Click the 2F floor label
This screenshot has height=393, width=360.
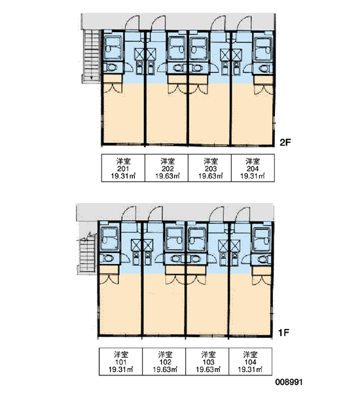[x=285, y=142]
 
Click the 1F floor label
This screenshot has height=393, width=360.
[x=283, y=333]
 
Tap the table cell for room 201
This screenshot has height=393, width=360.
[x=123, y=168]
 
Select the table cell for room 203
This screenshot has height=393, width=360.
[x=209, y=168]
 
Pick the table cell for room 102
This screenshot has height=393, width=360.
[x=164, y=362]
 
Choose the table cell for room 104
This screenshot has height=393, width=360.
[x=250, y=362]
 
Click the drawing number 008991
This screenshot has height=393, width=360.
[x=289, y=382]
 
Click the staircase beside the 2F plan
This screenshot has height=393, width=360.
[x=91, y=56]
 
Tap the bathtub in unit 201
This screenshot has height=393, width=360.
[x=113, y=48]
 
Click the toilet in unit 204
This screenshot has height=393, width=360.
[x=264, y=68]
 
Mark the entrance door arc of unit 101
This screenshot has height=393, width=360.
[x=129, y=215]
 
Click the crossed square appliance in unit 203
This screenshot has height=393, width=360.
[x=225, y=54]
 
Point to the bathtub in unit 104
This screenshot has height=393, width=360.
[x=261, y=239]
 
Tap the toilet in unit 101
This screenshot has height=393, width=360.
[x=108, y=258]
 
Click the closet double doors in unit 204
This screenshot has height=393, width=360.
[x=263, y=90]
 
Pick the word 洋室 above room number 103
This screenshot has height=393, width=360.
[x=208, y=354]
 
